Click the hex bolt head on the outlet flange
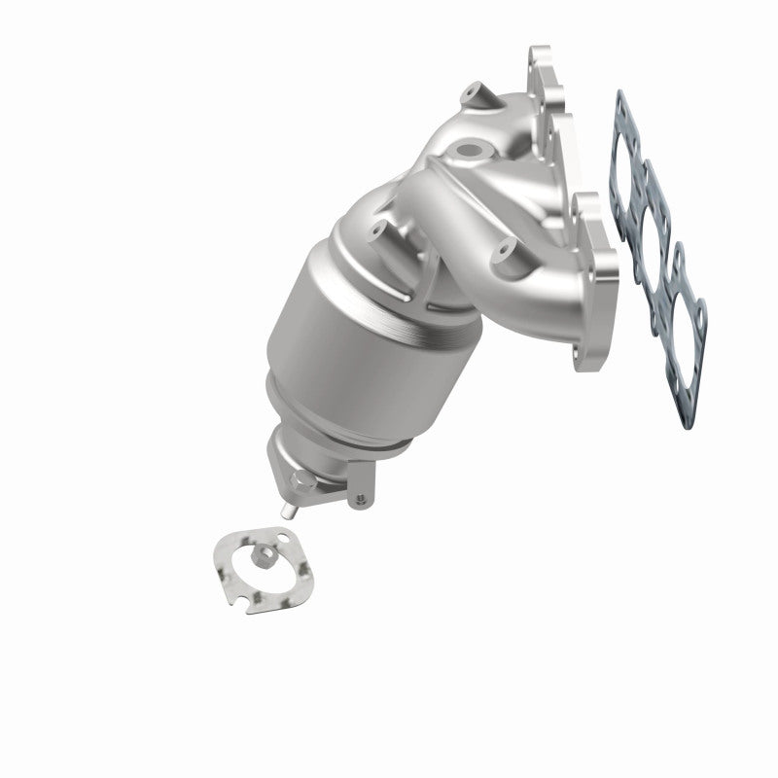coord(302,482)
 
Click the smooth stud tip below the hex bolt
coord(289,509)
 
